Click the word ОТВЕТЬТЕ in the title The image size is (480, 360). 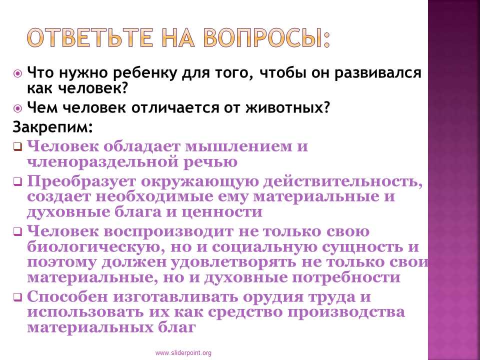pyautogui.click(x=89, y=37)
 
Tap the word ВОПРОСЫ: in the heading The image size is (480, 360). pyautogui.click(x=266, y=37)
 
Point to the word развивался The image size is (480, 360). pyautogui.click(x=378, y=73)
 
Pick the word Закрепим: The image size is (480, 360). pyautogui.click(x=52, y=127)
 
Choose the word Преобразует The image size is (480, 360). pyautogui.click(x=81, y=182)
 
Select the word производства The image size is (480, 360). pyautogui.click(x=346, y=312)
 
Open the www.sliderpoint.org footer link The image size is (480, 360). pyautogui.click(x=183, y=353)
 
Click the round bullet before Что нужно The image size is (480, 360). pyautogui.click(x=18, y=73)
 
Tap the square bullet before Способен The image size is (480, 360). pyautogui.click(x=18, y=297)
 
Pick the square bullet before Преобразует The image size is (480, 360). pyautogui.click(x=18, y=182)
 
